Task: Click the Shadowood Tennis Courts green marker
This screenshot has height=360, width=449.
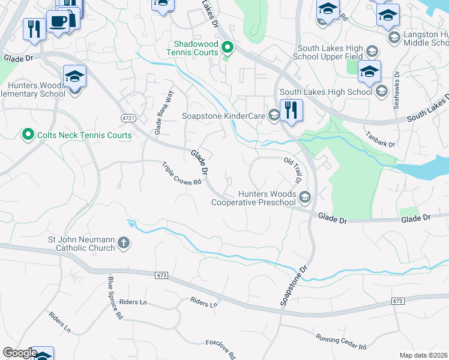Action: pyautogui.click(x=227, y=47)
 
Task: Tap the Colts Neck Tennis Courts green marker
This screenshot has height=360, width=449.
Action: pyautogui.click(x=27, y=135)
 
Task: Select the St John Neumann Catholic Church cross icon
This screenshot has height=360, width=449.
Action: pyautogui.click(x=124, y=243)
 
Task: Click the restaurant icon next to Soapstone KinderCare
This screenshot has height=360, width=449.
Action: pyautogui.click(x=291, y=110)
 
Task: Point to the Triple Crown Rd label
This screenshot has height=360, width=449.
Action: pyautogui.click(x=181, y=173)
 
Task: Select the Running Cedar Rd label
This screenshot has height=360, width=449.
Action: pyautogui.click(x=341, y=342)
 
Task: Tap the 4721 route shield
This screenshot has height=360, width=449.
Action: pyautogui.click(x=127, y=117)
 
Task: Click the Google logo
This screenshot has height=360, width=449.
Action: pyautogui.click(x=20, y=353)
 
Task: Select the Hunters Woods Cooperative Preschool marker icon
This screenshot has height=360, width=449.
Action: pyautogui.click(x=305, y=197)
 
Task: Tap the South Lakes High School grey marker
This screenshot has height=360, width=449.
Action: pyautogui.click(x=381, y=92)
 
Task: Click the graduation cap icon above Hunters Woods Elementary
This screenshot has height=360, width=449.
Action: pyautogui.click(x=75, y=77)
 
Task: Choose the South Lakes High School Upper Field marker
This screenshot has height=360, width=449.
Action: pyautogui.click(x=372, y=51)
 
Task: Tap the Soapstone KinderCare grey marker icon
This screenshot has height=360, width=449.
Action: pyautogui.click(x=274, y=114)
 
